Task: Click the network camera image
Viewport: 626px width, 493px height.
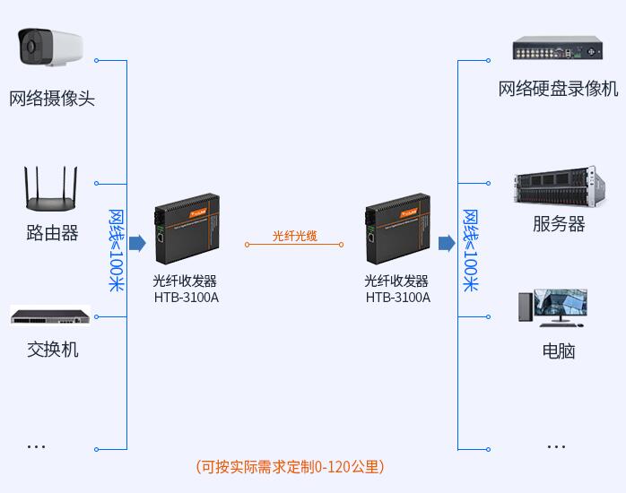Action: (x=50, y=47)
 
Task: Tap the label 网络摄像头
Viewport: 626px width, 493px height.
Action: (x=52, y=98)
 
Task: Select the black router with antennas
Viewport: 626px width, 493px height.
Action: (x=51, y=188)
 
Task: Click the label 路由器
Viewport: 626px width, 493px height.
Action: (x=52, y=232)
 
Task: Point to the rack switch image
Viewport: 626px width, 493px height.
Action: (x=50, y=316)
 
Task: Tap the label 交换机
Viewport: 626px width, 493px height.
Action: (x=53, y=350)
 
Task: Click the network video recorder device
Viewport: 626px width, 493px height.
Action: (x=558, y=48)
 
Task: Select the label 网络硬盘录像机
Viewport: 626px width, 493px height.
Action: (x=558, y=88)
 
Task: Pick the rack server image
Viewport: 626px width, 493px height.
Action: (x=561, y=186)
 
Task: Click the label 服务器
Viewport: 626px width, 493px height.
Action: (x=559, y=223)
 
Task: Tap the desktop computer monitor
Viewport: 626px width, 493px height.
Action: (x=561, y=305)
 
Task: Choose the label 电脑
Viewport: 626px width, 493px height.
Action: (x=559, y=351)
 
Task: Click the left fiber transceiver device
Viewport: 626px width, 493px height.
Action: (x=187, y=229)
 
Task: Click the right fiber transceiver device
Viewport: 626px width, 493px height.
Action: (x=397, y=229)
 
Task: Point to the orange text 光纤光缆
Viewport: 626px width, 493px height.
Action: (x=295, y=236)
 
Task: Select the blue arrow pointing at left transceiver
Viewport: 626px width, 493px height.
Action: (x=138, y=243)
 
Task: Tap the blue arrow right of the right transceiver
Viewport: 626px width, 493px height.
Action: (x=447, y=243)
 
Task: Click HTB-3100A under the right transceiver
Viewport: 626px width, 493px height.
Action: (x=398, y=298)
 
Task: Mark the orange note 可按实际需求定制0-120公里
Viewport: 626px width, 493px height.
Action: (x=290, y=467)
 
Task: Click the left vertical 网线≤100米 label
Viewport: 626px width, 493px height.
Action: (x=117, y=250)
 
